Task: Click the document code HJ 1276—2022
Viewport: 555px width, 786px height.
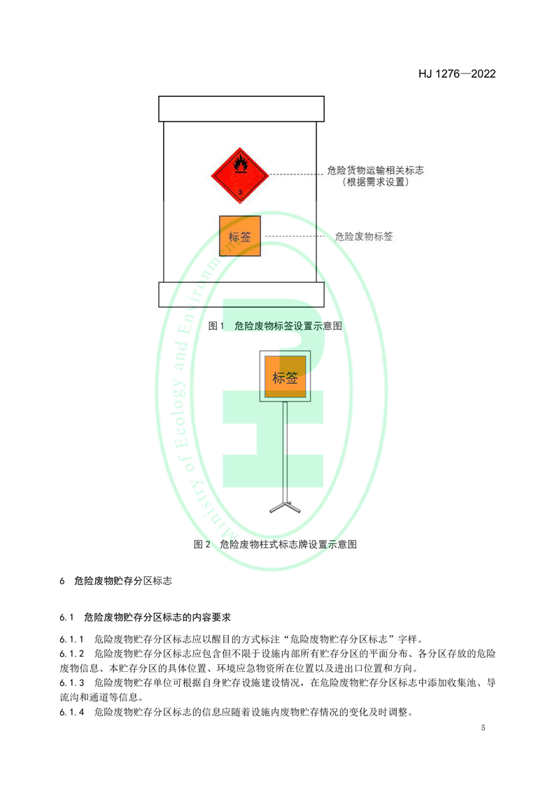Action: pyautogui.click(x=457, y=74)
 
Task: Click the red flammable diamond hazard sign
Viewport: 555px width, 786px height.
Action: pyautogui.click(x=240, y=175)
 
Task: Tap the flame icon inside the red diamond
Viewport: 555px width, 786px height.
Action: pyautogui.click(x=241, y=164)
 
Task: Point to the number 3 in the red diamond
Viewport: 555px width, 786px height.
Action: pyautogui.click(x=240, y=192)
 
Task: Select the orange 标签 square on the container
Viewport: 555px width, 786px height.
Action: pyautogui.click(x=240, y=236)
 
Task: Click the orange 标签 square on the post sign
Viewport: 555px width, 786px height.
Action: pyautogui.click(x=285, y=377)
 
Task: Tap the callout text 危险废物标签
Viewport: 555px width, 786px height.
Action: pyautogui.click(x=364, y=237)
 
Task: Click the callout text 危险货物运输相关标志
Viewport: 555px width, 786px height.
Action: pyautogui.click(x=375, y=170)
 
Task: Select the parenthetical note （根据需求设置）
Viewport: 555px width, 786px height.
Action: pyautogui.click(x=375, y=182)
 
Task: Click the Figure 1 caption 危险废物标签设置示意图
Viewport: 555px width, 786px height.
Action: pyautogui.click(x=288, y=326)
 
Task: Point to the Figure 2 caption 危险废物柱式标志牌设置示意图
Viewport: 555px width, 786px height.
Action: pyautogui.click(x=288, y=544)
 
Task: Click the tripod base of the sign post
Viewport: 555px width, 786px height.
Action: pyautogui.click(x=285, y=506)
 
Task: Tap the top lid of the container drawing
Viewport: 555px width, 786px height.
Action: pyautogui.click(x=241, y=109)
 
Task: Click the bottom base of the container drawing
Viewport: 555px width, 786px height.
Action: pyautogui.click(x=241, y=294)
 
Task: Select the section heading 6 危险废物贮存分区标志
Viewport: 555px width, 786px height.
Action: pyautogui.click(x=115, y=581)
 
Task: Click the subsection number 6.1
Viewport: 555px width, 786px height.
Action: pyautogui.click(x=66, y=617)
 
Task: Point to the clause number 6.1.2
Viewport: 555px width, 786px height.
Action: pyautogui.click(x=71, y=654)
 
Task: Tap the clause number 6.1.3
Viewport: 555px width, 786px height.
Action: pyautogui.click(x=71, y=683)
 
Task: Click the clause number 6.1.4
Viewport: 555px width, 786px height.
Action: pyautogui.click(x=71, y=712)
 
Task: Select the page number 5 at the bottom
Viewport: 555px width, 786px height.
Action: pyautogui.click(x=483, y=727)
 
